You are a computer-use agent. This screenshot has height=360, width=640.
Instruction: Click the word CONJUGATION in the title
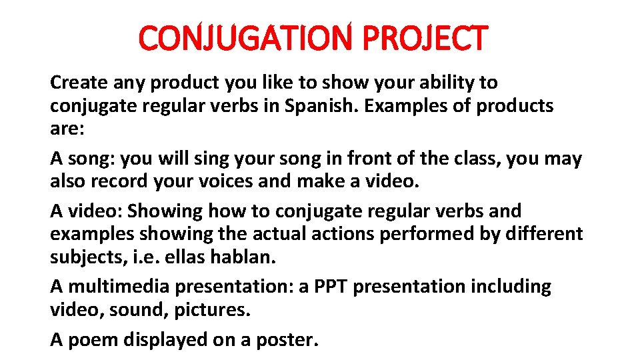(244, 38)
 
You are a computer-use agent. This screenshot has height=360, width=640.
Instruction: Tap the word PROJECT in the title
(425, 38)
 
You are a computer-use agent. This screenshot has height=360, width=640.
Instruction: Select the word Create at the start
(78, 83)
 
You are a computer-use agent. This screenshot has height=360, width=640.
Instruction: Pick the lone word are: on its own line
(67, 129)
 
